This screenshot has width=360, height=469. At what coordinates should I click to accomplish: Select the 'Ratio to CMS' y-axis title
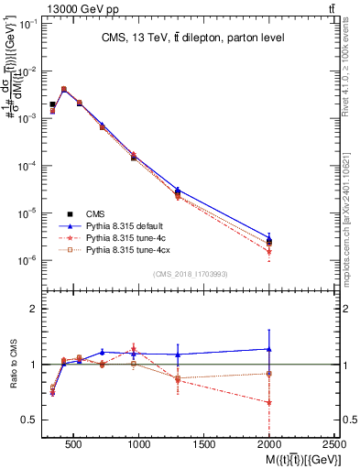[13, 364]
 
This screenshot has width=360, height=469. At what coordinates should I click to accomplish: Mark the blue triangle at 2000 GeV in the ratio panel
[269, 349]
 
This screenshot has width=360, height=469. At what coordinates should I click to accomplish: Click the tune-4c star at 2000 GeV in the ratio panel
[269, 402]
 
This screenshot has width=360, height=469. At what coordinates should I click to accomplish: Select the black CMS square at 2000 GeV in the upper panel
[269, 242]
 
